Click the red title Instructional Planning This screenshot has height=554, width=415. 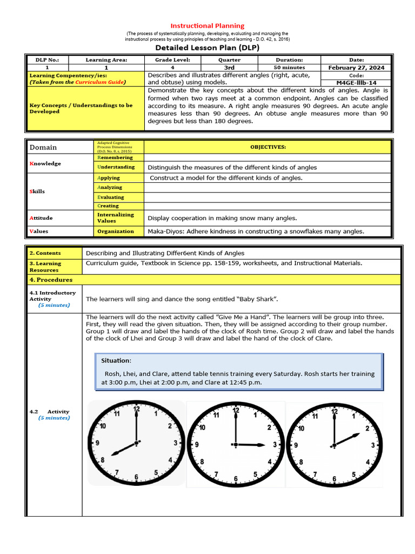pyautogui.click(x=207, y=25)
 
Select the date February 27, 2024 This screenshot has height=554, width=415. pyautogui.click(x=356, y=68)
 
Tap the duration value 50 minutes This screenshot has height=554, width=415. pyautogui.click(x=289, y=68)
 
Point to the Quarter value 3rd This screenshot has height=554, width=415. pyautogui.click(x=229, y=68)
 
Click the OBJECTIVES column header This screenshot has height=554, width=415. pyautogui.click(x=267, y=147)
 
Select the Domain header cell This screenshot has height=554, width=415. pyautogui.click(x=43, y=147)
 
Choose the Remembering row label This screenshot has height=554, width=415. pyautogui.click(x=115, y=157)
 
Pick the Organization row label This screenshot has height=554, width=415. pyautogui.click(x=115, y=231)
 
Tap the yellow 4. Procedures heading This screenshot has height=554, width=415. pyautogui.click(x=51, y=280)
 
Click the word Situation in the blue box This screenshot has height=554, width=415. pyautogui.click(x=115, y=360)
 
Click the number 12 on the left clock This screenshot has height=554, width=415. pyautogui.click(x=136, y=410)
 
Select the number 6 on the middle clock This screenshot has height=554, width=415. pyautogui.click(x=235, y=478)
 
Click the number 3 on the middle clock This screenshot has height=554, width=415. pyautogui.click(x=275, y=445)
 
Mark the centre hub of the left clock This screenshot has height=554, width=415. pyautogui.click(x=136, y=443)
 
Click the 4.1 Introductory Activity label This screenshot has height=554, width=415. pyautogui.click(x=52, y=296)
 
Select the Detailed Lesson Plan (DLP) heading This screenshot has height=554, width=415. pyautogui.click(x=207, y=48)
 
